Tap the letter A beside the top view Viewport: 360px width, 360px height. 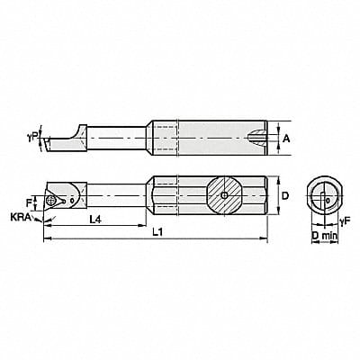(284, 139)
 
